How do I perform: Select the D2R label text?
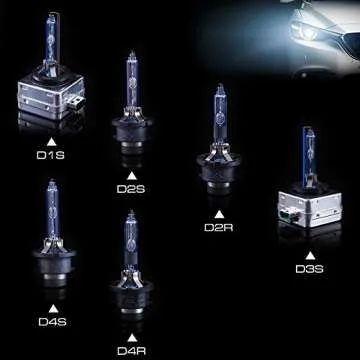pyautogui.click(x=219, y=228)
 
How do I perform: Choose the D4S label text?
pyautogui.click(x=51, y=321)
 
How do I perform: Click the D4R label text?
pyautogui.click(x=131, y=351)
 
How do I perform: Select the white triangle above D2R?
pyautogui.click(x=219, y=213)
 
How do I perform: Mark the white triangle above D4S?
pyautogui.click(x=51, y=306)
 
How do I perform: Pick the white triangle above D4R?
pyautogui.click(x=131, y=336)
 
